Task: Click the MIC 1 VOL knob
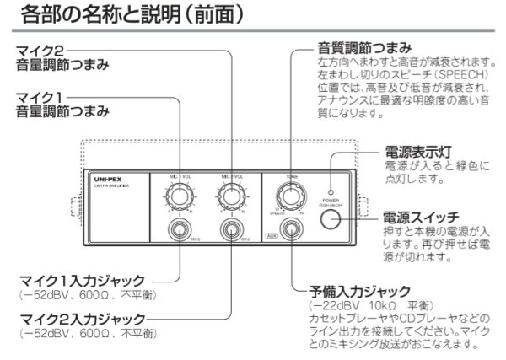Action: point(179,197)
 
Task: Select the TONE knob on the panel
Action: point(290,196)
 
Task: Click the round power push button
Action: point(331,219)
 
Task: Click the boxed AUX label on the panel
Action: point(271,239)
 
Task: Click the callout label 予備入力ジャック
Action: point(360,291)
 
